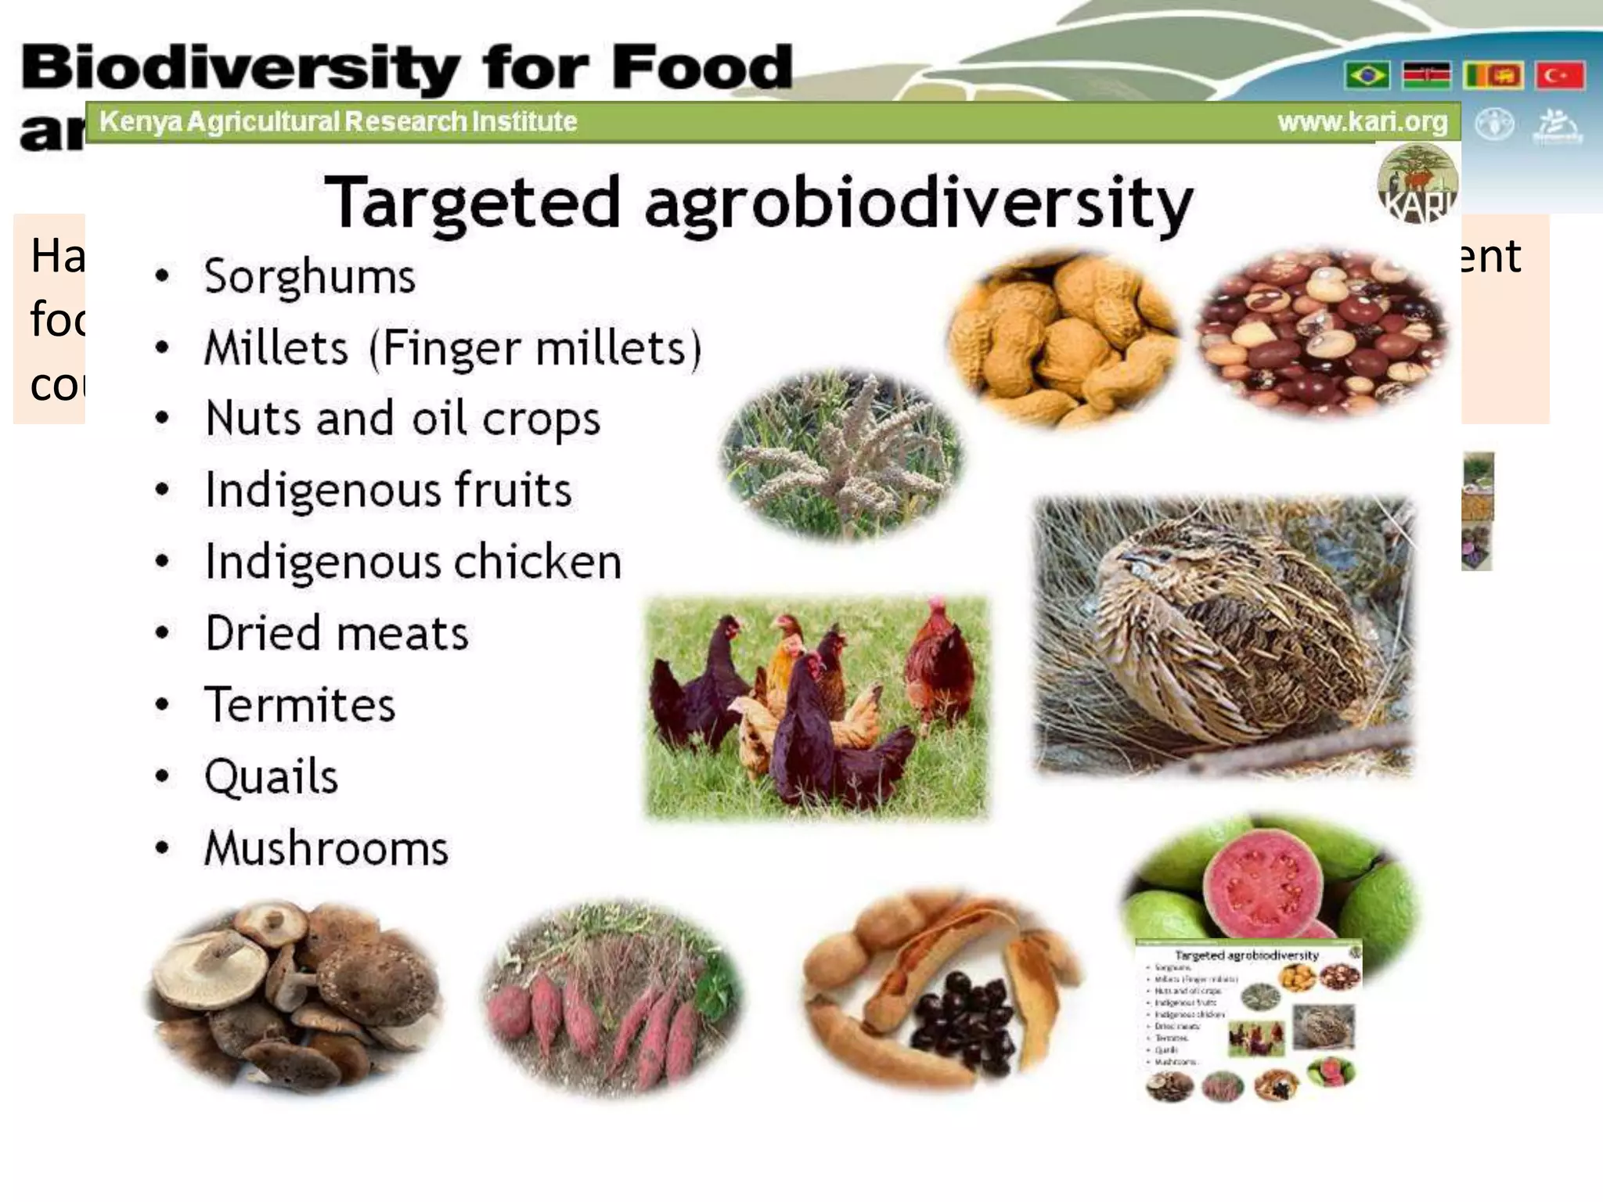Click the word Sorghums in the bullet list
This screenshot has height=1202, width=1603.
click(x=309, y=278)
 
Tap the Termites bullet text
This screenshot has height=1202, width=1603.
click(x=300, y=705)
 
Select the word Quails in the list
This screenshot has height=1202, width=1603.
click(x=271, y=777)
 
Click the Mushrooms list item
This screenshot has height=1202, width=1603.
click(x=326, y=849)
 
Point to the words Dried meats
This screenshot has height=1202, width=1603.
click(x=337, y=634)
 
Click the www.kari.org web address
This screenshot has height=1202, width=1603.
click(x=1362, y=122)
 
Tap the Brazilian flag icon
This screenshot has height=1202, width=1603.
click(x=1367, y=76)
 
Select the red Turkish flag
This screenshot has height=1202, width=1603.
click(x=1560, y=76)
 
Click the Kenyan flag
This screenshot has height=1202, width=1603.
click(x=1426, y=76)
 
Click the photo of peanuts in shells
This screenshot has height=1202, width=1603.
click(x=1062, y=338)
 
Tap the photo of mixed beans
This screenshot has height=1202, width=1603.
click(x=1321, y=332)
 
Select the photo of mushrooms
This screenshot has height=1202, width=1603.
click(x=294, y=995)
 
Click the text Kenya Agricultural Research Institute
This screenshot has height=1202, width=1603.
click(x=338, y=122)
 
